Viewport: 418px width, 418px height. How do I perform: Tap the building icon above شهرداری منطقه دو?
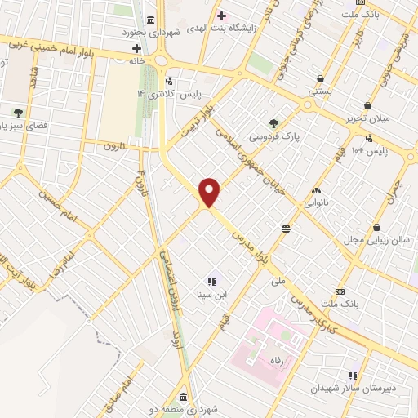tap(181, 398)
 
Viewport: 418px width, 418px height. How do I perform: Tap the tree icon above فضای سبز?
tap(16, 112)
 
